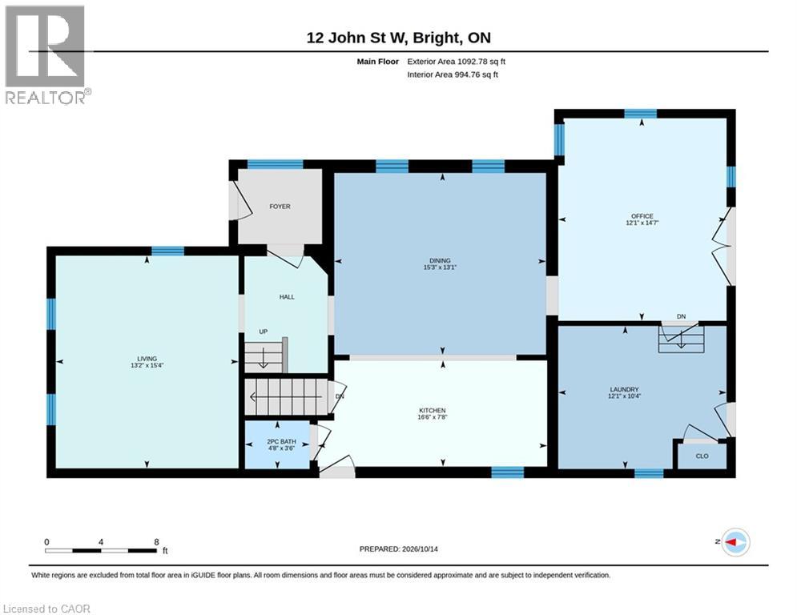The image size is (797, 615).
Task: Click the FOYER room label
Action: (280, 207)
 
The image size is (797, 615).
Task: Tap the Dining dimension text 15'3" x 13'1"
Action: (440, 267)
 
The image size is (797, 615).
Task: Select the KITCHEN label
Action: (432, 410)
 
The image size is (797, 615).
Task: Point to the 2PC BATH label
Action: (281, 442)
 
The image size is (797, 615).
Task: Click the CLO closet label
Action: (702, 456)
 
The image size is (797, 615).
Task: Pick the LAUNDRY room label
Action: (624, 389)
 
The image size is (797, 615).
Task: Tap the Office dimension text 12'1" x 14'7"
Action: (642, 223)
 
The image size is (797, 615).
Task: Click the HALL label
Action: (287, 297)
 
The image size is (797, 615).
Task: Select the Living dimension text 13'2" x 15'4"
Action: (147, 365)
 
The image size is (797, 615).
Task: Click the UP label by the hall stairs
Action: (264, 332)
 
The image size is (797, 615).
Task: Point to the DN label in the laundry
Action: (681, 316)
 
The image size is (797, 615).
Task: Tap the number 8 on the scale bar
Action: (156, 542)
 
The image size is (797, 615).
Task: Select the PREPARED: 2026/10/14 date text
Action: (399, 549)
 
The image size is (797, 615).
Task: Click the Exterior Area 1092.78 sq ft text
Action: (456, 62)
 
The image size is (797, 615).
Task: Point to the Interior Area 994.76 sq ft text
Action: (453, 74)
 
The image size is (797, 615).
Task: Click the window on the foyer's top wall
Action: (275, 164)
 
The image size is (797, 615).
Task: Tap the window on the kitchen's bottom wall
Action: (507, 472)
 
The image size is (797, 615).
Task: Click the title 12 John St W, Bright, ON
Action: (399, 38)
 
